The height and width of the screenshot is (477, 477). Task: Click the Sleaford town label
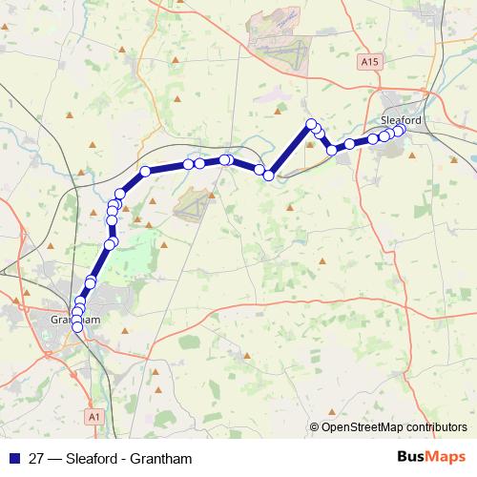coord(401,120)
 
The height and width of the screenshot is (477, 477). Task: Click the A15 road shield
coord(371,62)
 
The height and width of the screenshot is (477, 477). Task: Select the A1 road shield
coord(93,416)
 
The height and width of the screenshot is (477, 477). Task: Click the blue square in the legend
coord(13,458)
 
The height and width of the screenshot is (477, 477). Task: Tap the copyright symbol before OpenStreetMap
coord(314,427)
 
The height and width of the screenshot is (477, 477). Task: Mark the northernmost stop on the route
coord(311,124)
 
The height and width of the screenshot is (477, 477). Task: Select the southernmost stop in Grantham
coord(77,327)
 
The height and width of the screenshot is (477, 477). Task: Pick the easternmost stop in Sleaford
coord(399,131)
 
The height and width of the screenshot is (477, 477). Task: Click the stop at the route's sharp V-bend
coord(269,176)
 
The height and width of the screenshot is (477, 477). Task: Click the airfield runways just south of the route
coord(194,204)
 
